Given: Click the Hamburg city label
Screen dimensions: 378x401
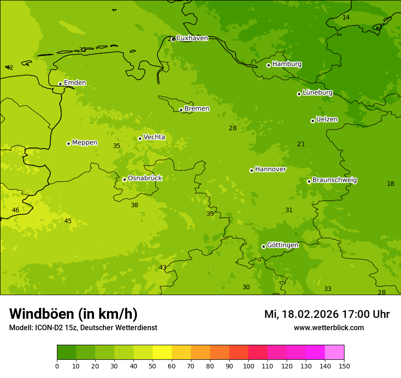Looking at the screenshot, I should click(287, 64).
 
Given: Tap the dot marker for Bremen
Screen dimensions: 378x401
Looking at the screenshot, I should click(181, 110).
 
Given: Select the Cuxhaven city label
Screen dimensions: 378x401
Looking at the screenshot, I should click(192, 38).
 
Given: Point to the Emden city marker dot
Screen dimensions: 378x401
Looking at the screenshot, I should click(60, 84).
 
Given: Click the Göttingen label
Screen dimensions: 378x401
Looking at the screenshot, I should click(283, 245).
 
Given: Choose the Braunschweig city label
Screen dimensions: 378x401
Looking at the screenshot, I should click(334, 180).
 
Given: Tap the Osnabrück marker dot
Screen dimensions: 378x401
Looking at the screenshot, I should click(124, 179).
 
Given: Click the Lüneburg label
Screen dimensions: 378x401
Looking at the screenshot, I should click(317, 93).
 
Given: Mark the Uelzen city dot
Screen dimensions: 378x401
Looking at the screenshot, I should click(313, 121).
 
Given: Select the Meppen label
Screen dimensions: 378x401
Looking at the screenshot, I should click(84, 143).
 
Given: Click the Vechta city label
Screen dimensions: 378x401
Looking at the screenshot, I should click(154, 137).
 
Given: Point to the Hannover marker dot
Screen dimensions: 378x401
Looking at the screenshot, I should click(252, 170).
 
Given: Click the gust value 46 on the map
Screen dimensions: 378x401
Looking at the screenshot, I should click(15, 210).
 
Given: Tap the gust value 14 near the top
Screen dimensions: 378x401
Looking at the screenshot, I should click(346, 17).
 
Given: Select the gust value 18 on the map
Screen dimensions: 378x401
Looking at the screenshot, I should click(391, 184).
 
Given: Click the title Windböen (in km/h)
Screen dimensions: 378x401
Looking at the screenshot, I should click(73, 314).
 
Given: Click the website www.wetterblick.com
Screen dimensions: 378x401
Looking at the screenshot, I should click(329, 328).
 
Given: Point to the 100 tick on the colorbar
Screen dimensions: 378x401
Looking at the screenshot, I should click(248, 366).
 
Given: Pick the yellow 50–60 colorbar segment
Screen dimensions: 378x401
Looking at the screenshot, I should click(162, 352).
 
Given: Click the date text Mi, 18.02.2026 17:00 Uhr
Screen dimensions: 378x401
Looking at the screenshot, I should click(327, 314).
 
